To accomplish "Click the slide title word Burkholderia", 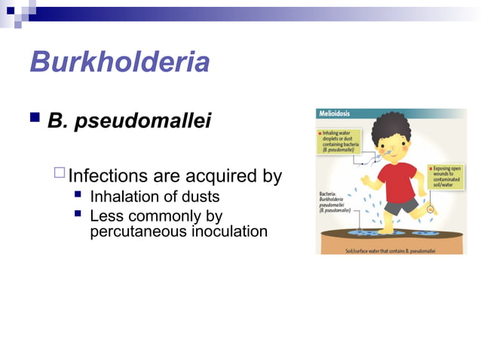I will coord(119,62).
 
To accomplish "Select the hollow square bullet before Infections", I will coord(60,175).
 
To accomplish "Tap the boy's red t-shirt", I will coord(396,181).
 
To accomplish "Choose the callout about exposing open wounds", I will coord(447,177).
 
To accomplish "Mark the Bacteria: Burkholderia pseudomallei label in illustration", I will coord(336,203).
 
